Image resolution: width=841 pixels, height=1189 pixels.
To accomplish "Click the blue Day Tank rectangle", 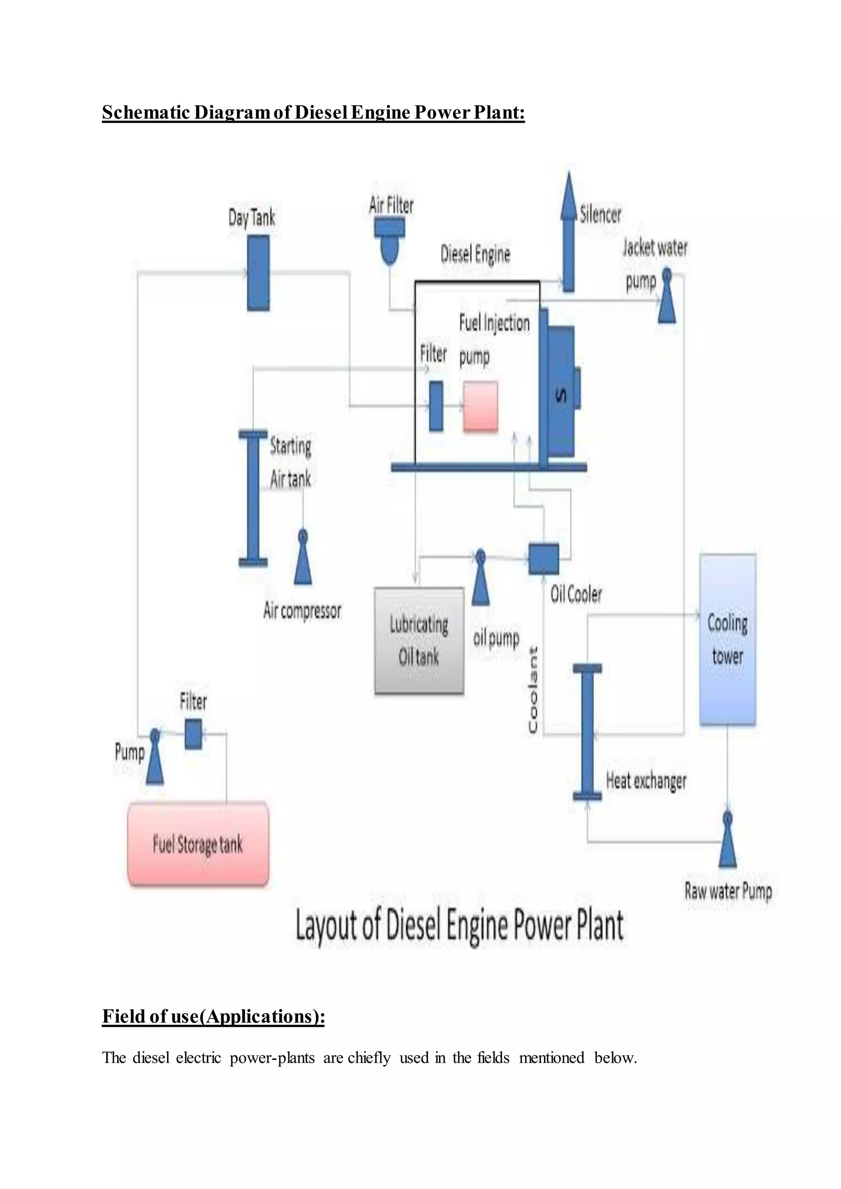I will coord(258,273).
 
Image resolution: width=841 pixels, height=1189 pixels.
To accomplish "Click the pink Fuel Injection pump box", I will coord(480,406).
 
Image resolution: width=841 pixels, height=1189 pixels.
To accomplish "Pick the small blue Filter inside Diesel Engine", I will coord(436,406).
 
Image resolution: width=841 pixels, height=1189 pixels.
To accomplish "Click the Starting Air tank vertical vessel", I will coord(253,498).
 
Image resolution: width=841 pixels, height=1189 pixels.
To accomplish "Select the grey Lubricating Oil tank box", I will coord(419,640).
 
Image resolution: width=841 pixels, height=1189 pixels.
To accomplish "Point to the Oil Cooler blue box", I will coord(543,559).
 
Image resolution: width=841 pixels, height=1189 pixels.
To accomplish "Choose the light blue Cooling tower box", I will coord(727,640).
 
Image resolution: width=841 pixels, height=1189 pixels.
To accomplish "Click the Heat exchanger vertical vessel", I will coord(587,732).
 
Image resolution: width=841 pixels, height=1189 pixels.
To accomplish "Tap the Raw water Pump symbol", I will coord(728,840).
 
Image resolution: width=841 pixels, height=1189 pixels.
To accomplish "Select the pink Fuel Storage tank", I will coord(198,845).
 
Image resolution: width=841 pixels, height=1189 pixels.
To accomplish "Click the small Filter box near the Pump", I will coord(193,734).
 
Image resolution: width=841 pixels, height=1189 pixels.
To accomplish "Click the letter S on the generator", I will coord(560,396).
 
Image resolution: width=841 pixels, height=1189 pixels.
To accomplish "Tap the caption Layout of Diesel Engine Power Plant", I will coord(460,925).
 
